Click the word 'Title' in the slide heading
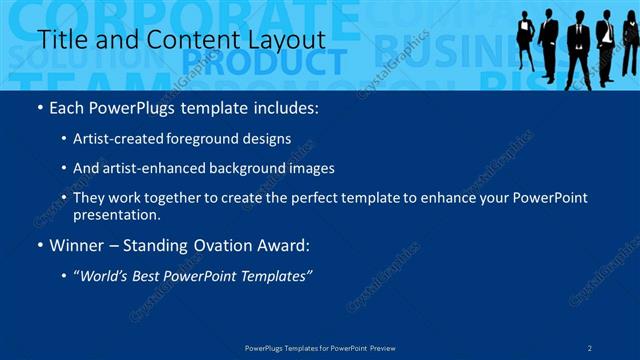tap(58, 39)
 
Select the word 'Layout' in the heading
tap(284, 39)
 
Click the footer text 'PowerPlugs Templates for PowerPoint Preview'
tap(320, 347)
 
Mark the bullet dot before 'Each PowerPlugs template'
tap(39, 107)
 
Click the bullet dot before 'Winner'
tap(39, 244)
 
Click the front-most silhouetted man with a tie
tap(579, 50)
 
